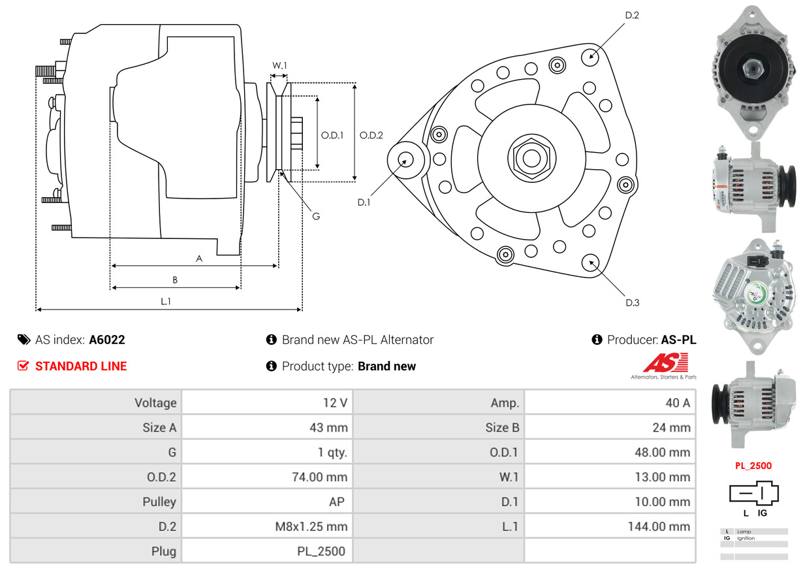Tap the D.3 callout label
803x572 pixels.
pos(632,302)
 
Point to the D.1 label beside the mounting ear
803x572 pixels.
pos(364,202)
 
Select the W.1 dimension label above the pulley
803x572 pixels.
pos(279,65)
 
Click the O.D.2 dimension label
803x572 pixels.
pos(371,136)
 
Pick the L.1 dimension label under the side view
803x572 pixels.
pos(166,301)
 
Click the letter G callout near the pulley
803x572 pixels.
pos(315,216)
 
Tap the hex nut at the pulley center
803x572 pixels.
pos(530,157)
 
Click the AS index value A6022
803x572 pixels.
pos(107,340)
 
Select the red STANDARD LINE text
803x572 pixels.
pos(81,366)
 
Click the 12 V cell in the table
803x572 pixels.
pos(335,403)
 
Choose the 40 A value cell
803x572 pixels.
pos(677,403)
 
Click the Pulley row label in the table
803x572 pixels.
pos(159,502)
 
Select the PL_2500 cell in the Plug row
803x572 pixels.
pos(321,551)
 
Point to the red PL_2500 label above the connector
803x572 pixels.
pos(753,466)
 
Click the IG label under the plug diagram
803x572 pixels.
pos(762,513)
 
